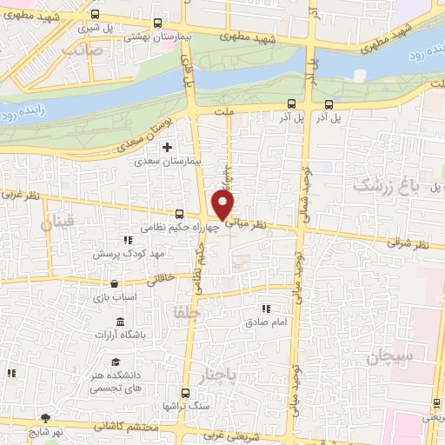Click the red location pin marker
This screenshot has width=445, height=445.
pos(223,204)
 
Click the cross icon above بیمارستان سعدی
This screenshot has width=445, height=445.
pos(167,147)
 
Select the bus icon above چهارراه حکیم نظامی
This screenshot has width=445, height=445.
pos(179,214)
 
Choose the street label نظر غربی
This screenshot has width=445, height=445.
pos(21,196)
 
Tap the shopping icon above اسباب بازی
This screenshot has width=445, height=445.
pos(115,282)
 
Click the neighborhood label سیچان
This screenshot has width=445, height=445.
pos(387,356)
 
